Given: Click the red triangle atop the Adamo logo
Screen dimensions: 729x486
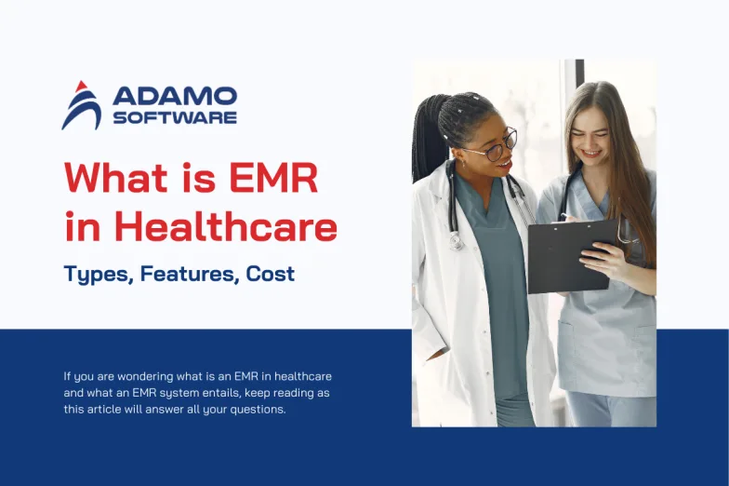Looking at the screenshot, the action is point(82,87).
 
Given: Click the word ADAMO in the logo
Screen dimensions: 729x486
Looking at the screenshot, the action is point(175,97).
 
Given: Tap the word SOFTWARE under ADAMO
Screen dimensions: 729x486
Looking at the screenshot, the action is point(175,117).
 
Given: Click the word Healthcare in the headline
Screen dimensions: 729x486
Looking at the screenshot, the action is point(225,227).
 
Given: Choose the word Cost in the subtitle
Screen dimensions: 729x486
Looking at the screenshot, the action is point(270,274).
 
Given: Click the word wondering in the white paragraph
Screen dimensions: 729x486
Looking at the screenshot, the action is point(139,376).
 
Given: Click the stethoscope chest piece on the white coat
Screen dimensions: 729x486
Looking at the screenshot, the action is point(456,242).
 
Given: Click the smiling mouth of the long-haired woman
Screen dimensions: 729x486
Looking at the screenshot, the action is point(591,153).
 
